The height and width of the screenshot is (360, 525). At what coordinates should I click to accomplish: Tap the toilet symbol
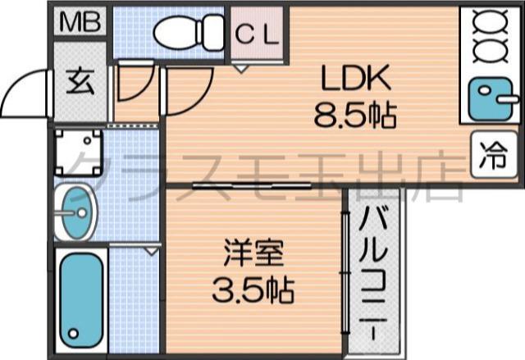(x=189, y=32)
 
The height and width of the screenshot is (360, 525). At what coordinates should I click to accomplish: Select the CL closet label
(x=258, y=34)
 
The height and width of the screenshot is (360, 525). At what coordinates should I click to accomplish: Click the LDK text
(x=354, y=79)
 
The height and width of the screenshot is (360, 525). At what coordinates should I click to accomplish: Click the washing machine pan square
(x=80, y=153)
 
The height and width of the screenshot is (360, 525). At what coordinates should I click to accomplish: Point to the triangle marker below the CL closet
(x=240, y=70)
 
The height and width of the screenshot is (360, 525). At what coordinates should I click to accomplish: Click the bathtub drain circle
(x=75, y=334)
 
